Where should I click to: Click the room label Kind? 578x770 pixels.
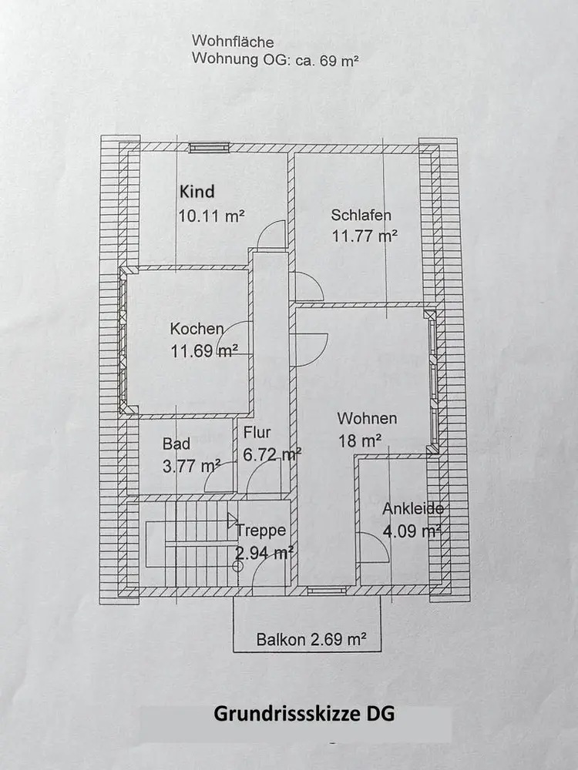click(197, 192)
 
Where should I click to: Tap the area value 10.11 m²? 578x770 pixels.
click(211, 216)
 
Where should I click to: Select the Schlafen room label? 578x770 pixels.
click(361, 215)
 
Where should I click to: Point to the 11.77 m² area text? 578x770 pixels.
click(365, 236)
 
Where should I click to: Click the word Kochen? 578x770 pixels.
click(197, 329)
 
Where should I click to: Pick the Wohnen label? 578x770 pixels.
click(367, 418)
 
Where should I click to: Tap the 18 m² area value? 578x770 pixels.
click(359, 441)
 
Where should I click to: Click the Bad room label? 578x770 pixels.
click(176, 444)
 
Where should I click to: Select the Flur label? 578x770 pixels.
click(257, 433)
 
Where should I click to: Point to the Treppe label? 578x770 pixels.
click(261, 531)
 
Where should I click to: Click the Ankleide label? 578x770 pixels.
click(413, 509)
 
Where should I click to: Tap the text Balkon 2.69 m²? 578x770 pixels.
click(311, 639)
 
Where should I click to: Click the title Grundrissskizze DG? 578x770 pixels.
click(304, 714)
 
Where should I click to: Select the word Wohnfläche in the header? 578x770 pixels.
click(233, 41)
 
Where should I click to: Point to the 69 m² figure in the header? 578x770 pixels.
click(338, 60)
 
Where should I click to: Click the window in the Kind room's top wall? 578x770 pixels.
click(210, 148)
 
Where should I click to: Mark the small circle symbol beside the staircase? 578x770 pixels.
click(238, 566)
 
